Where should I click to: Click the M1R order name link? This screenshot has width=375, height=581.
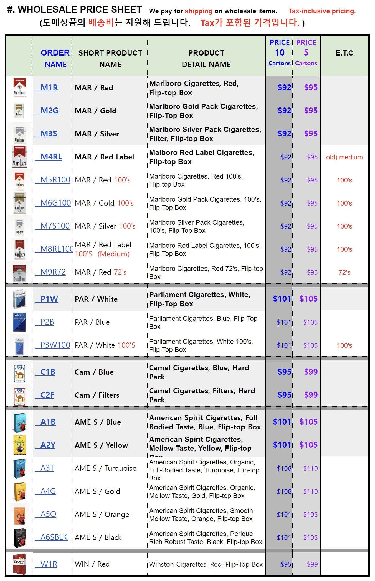49,87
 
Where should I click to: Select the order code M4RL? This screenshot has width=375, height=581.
51,157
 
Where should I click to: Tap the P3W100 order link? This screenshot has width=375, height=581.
55,345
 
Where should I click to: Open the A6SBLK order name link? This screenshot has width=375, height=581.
54,537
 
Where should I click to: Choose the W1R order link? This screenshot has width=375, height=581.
49,564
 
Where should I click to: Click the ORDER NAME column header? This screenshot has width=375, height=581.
55,58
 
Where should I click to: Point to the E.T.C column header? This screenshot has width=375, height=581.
344,53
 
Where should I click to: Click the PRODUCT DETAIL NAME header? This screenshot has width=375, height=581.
206,58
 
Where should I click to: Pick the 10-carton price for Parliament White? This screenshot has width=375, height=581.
282,299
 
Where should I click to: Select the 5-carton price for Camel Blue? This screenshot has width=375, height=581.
311,372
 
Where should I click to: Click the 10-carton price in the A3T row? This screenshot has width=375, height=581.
284,469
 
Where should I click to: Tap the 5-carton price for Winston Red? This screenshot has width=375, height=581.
312,564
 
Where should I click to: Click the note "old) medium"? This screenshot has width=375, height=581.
344,157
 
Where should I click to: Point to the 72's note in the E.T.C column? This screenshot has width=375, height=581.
344,272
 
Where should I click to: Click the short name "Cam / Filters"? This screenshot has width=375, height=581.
97,395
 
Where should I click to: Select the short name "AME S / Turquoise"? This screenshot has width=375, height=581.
105,468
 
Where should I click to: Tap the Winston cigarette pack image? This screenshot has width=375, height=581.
19,564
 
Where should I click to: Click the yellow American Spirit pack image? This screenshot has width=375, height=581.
20,445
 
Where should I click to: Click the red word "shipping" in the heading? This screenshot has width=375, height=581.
198,11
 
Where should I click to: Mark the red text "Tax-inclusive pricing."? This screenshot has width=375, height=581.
322,11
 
